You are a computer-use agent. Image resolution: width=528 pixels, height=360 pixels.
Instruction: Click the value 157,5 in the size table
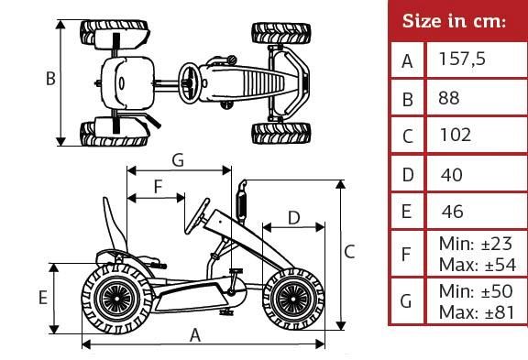[x=462, y=60]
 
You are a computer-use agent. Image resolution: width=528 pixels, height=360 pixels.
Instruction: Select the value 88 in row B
[x=449, y=98]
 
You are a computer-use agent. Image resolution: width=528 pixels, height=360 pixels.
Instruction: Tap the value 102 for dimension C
[x=456, y=135]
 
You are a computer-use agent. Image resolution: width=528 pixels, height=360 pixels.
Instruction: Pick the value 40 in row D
[x=452, y=175]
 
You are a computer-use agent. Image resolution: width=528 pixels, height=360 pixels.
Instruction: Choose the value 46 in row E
[x=453, y=212]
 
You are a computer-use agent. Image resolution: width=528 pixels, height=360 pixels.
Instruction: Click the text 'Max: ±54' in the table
[x=478, y=265]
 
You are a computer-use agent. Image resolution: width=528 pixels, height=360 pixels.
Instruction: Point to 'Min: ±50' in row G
[x=476, y=291]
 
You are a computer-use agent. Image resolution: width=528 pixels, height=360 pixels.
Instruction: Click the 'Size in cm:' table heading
[x=454, y=21]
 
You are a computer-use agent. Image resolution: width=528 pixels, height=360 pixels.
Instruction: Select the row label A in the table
[x=407, y=61]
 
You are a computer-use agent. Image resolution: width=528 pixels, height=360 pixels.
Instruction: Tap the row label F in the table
[x=406, y=254]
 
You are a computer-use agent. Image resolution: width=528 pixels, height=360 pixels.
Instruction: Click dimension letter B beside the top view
[x=50, y=79]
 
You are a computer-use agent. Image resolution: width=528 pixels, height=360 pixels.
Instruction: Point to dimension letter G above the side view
[x=178, y=159]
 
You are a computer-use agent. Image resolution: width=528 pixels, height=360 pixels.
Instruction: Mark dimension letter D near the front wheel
[x=294, y=218]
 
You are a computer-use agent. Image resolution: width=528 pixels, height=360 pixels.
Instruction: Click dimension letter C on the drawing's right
[x=349, y=252]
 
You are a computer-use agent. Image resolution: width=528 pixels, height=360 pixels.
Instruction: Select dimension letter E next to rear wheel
[x=43, y=298]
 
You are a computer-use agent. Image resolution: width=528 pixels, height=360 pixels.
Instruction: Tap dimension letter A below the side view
[x=195, y=335]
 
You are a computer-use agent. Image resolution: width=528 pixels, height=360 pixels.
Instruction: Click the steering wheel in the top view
[x=189, y=82]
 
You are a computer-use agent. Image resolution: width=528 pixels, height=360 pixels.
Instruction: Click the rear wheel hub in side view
[x=116, y=298]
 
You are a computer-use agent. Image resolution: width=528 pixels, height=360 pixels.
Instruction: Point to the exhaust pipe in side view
[x=241, y=202]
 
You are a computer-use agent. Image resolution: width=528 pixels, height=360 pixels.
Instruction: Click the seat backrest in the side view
[x=115, y=224]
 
